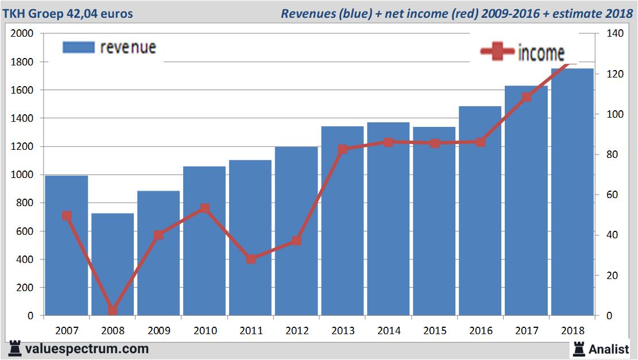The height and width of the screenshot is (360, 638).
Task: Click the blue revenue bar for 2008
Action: coord(113,264)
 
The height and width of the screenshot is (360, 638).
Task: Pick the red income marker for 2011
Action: coord(251,259)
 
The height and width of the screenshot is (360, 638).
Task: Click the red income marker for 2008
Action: coord(113,311)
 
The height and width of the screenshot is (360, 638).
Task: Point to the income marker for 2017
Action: coord(527,97)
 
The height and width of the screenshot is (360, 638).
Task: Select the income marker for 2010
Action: coord(205,208)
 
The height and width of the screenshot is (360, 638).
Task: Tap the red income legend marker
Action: coord(497,52)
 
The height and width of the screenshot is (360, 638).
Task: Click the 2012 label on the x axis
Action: coord(297,331)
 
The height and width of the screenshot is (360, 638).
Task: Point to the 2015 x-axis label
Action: coord(435,331)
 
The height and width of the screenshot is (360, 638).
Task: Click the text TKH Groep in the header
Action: coord(31,13)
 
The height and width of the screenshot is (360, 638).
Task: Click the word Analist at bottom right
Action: coord(609,349)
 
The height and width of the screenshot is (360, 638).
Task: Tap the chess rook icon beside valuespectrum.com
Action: coord(15,349)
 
